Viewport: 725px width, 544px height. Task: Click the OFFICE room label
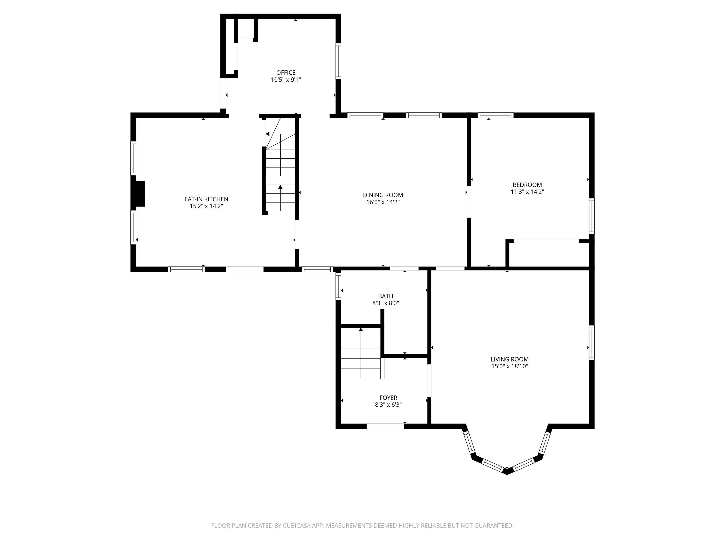(x=286, y=72)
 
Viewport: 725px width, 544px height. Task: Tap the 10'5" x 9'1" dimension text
(x=286, y=80)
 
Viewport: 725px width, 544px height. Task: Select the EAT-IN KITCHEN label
(x=206, y=199)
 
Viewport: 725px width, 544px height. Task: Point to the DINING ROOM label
(x=383, y=195)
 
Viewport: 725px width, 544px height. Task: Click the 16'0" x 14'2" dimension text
(x=383, y=202)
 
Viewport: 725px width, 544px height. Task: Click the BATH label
(x=385, y=296)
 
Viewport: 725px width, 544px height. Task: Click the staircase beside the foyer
(x=361, y=353)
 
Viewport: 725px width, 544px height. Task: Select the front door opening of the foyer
(x=385, y=426)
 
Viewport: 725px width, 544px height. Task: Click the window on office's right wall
(x=338, y=61)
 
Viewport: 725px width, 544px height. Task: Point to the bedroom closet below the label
(x=549, y=255)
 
